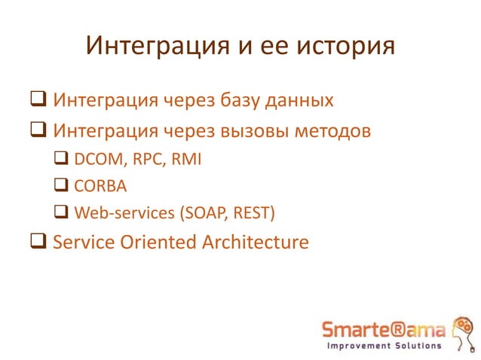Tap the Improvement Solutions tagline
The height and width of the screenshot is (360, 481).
(x=384, y=346)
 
